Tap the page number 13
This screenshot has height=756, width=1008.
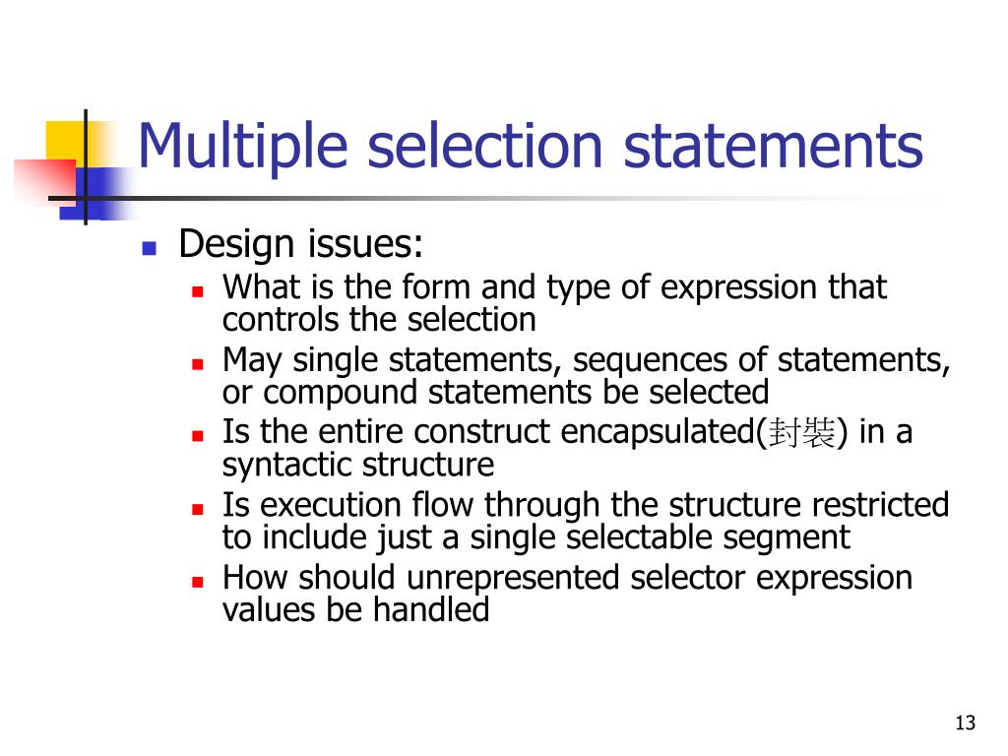pyautogui.click(x=965, y=724)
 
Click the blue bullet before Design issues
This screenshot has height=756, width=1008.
pyautogui.click(x=150, y=247)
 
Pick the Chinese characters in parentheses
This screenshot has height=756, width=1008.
pyautogui.click(x=803, y=433)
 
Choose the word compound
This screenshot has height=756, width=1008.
pyautogui.click(x=342, y=392)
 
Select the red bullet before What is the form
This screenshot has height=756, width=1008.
pyautogui.click(x=197, y=291)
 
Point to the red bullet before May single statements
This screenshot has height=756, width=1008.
pyautogui.click(x=197, y=363)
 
